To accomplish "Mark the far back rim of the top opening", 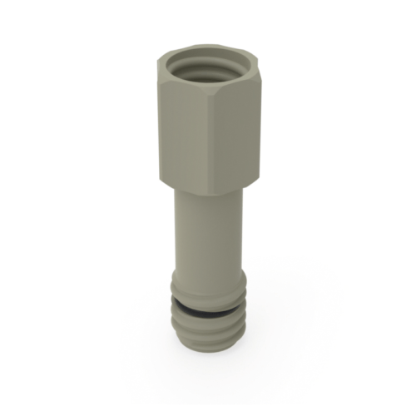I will pos(208,47).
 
